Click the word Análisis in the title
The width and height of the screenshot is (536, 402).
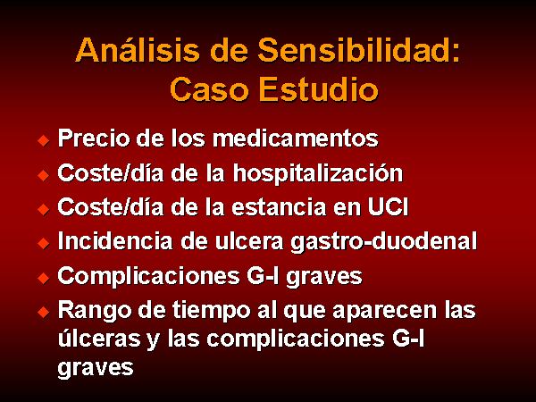pos(137,50)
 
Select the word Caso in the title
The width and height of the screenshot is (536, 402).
pos(209,88)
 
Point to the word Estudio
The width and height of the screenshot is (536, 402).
pos(319,88)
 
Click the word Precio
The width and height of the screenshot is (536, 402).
pos(94,138)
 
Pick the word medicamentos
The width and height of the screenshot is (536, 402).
pos(296,138)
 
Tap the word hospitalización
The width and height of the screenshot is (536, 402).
pos(318,173)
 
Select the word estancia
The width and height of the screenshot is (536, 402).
pos(279,207)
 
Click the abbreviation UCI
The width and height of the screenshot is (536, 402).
pos(388,207)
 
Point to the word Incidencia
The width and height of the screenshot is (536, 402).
pos(115,241)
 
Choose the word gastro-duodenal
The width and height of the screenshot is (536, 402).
pos(383,242)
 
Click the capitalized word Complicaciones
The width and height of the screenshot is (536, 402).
pos(148,276)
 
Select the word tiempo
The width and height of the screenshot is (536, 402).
pos(211,311)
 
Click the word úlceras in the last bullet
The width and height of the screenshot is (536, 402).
pos(99,338)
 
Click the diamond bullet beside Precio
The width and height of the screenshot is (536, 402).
pos(44,140)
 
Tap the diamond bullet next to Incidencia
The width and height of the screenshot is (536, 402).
pos(44,243)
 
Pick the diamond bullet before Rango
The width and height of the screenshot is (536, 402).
pos(44,312)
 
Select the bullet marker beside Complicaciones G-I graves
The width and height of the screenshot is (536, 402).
pos(44,278)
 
